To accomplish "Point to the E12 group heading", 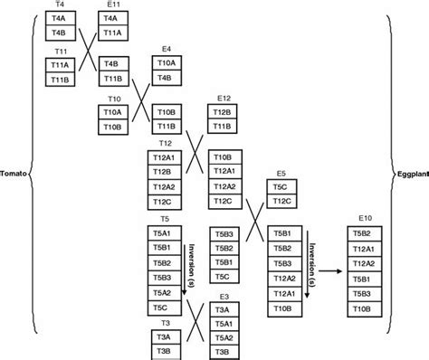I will pyautogui.click(x=224, y=97).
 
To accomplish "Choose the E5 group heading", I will pyautogui.click(x=281, y=172).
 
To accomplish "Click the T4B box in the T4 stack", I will pyautogui.click(x=59, y=33).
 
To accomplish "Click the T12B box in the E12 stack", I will pyautogui.click(x=223, y=111).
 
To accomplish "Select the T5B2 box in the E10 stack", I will pyautogui.click(x=366, y=232).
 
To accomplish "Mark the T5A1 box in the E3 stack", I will pyautogui.click(x=223, y=324).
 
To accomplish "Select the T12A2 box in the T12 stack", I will pyautogui.click(x=165, y=186).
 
